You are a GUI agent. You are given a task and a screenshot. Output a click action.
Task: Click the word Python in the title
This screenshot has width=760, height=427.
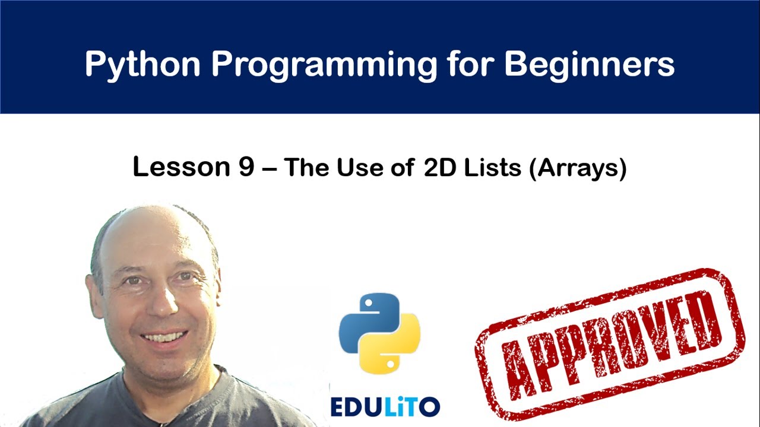(x=142, y=64)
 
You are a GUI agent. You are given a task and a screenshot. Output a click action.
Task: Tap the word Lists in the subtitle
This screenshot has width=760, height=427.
(x=492, y=168)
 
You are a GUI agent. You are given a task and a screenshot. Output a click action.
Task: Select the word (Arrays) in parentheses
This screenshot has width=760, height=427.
(x=577, y=168)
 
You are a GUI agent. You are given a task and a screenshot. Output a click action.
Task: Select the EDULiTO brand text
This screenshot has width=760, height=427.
(x=385, y=406)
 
